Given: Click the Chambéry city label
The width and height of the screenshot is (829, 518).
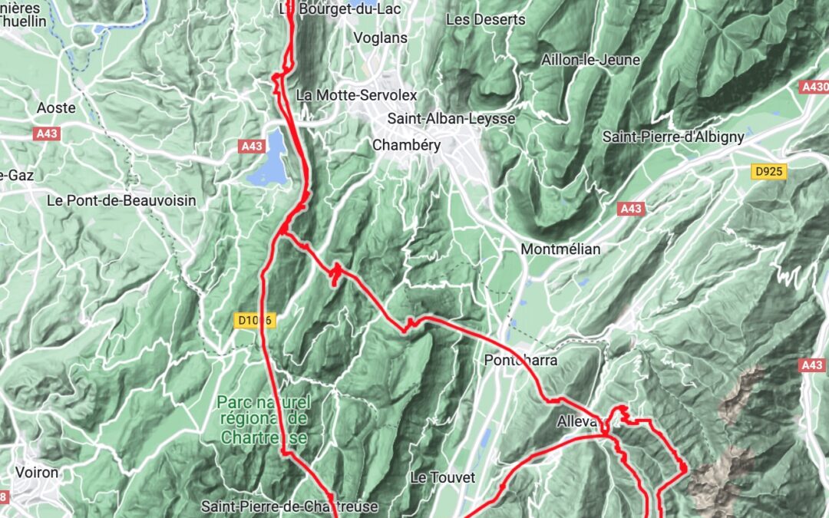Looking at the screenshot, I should (x=406, y=145).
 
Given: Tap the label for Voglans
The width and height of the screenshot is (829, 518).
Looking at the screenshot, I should (x=380, y=38).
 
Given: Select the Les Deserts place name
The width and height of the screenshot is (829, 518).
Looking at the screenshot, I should (x=485, y=19).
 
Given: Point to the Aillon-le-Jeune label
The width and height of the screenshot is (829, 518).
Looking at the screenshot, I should (x=590, y=60).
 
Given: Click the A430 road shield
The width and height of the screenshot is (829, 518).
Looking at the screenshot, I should (x=814, y=87).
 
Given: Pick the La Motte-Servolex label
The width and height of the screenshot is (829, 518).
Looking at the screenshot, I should (x=356, y=95).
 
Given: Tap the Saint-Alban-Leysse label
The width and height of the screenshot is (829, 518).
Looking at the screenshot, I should (x=451, y=119).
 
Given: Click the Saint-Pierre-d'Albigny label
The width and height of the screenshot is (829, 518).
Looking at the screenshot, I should (x=673, y=137).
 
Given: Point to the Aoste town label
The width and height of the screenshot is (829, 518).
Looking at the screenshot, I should (x=57, y=108).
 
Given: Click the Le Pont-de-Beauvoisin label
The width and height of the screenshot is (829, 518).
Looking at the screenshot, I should (x=121, y=201).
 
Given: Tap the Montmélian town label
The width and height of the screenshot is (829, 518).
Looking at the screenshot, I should (x=560, y=249).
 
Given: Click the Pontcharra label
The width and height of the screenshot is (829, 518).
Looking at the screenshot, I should (x=520, y=360).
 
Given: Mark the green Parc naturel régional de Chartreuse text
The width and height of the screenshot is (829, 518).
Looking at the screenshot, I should (x=263, y=419).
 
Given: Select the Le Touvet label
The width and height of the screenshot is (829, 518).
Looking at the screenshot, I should (x=443, y=477).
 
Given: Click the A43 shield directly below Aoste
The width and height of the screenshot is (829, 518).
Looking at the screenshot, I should (x=47, y=134).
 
